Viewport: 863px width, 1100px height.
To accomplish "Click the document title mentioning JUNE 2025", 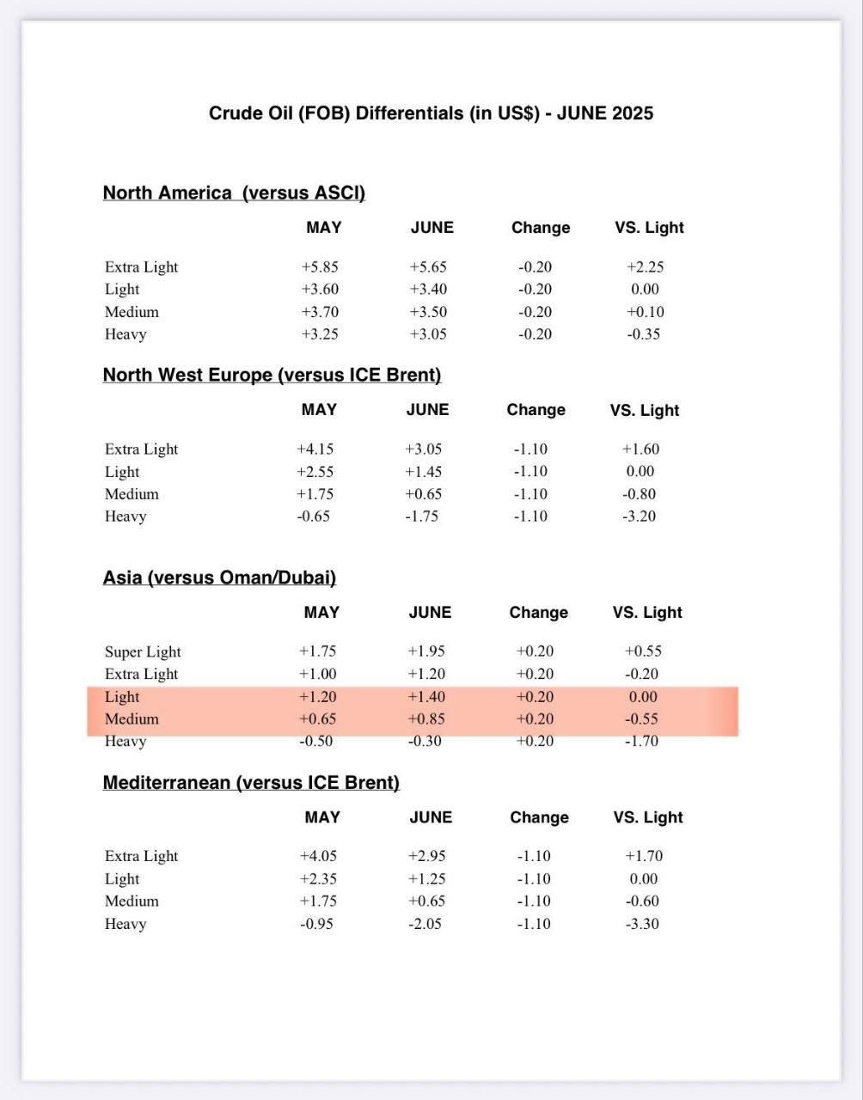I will pos(431,113).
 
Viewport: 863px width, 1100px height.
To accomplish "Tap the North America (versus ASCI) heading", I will pos(234,193).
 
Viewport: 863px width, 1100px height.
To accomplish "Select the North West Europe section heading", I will pos(272,376).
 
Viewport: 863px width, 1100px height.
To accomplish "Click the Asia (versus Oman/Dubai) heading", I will pos(219,578).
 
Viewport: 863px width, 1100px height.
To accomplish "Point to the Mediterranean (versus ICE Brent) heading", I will pos(251,783).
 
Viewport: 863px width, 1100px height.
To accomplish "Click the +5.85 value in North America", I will pos(320,267).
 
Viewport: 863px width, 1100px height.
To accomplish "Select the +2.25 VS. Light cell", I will pos(645,267).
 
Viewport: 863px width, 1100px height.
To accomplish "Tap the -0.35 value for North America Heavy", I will pos(643,334).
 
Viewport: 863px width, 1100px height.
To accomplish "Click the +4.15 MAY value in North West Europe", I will pos(315,449).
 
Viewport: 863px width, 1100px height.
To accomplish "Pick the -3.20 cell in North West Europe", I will pos(639,516).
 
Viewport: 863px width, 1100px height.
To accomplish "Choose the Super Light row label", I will pos(143,652).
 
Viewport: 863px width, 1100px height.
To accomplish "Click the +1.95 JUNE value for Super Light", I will pos(427,652).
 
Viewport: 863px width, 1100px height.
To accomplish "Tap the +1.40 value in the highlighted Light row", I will pos(427,697).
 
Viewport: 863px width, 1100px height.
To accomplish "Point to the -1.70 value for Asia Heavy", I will pos(641,742).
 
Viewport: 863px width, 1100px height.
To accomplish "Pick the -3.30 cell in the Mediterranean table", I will pos(641,925).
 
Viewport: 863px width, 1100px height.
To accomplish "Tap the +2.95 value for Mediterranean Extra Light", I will pos(426,857).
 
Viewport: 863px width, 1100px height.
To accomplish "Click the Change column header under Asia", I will pos(539,613).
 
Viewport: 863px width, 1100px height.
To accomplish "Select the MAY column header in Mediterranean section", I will pos(322,817).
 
